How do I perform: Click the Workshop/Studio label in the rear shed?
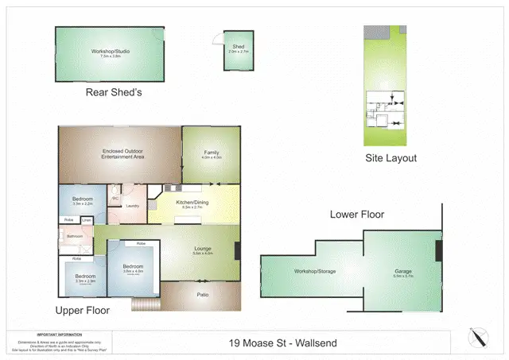click(x=110, y=52)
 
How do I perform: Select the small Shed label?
click(x=238, y=47)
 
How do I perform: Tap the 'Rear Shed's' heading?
click(x=113, y=93)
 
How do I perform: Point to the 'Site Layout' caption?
click(x=390, y=158)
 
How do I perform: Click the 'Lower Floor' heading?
click(x=357, y=215)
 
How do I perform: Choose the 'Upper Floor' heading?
click(x=82, y=310)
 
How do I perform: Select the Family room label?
click(x=211, y=153)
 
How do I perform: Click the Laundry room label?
click(x=133, y=207)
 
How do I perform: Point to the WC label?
click(x=115, y=199)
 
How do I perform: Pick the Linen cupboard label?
click(x=87, y=220)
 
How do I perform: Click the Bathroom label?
click(x=75, y=236)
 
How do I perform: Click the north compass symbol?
click(x=478, y=337)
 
